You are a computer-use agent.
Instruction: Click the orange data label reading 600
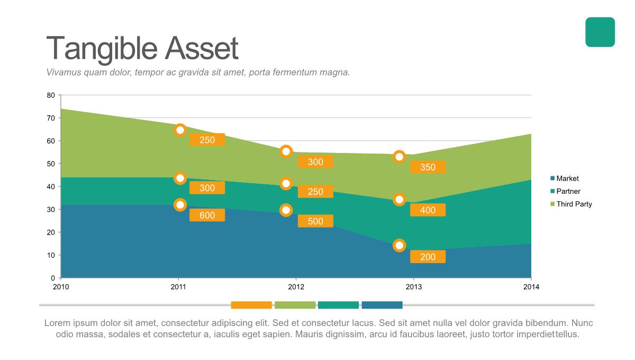point(207,215)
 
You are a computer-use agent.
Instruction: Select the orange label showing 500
point(315,221)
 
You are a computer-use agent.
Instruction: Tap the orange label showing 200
point(428,257)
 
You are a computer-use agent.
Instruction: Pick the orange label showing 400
point(428,210)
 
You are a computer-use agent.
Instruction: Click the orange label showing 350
point(428,167)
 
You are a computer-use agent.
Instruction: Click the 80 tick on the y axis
point(51,95)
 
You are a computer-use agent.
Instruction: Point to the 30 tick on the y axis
point(51,210)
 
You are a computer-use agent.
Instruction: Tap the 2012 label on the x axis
point(296,287)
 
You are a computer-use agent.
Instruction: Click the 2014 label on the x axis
point(531,287)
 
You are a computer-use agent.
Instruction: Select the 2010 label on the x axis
point(61,287)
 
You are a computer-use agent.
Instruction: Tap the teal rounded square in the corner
point(600,32)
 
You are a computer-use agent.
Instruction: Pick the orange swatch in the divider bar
point(251,305)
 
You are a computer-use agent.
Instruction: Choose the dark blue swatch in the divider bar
point(382,305)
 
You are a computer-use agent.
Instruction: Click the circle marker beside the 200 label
point(400,245)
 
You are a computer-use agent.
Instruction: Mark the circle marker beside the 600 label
point(180,205)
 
